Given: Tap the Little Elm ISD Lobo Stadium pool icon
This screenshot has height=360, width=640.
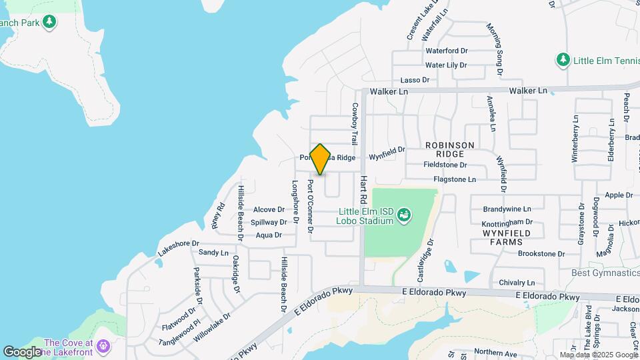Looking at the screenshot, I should pyautogui.click(x=403, y=215).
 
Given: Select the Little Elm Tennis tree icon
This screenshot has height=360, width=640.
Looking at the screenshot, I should pyautogui.click(x=563, y=60).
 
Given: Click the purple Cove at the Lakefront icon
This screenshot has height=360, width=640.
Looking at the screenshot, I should pyautogui.click(x=103, y=346).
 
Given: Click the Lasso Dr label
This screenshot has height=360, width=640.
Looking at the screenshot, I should pyautogui.click(x=415, y=80).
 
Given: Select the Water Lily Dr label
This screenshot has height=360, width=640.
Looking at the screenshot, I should pyautogui.click(x=446, y=65).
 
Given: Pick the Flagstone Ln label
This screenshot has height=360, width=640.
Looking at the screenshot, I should pyautogui.click(x=455, y=179).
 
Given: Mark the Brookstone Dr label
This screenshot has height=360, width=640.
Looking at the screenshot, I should pyautogui.click(x=541, y=254).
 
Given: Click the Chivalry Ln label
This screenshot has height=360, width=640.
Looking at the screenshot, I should pyautogui.click(x=517, y=283).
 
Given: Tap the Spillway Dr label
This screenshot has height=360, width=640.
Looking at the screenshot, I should pyautogui.click(x=269, y=222).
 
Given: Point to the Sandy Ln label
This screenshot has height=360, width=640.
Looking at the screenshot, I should pyautogui.click(x=213, y=253).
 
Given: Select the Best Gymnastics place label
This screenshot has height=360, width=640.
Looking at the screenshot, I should pyautogui.click(x=605, y=273).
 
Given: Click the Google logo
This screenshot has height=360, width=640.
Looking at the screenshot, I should pyautogui.click(x=22, y=351).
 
